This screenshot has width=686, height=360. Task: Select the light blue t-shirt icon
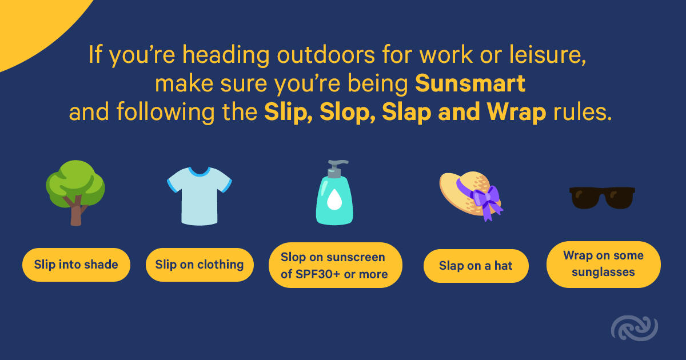[x=200, y=196]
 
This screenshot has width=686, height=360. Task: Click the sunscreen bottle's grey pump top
[x=336, y=169]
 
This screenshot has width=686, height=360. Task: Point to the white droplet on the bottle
[x=334, y=199]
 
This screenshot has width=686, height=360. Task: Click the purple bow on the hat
[x=485, y=201]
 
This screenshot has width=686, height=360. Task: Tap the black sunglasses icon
[x=602, y=198]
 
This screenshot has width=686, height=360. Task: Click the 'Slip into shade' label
[x=76, y=265]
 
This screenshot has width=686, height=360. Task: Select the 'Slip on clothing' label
[x=200, y=265]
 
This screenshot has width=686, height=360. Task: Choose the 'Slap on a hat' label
[x=476, y=266]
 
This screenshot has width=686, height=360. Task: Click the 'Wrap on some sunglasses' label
[x=604, y=264]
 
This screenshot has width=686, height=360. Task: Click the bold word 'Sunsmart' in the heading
[x=470, y=83]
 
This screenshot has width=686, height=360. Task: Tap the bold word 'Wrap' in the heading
[x=516, y=112]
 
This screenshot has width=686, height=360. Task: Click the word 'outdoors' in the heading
[x=326, y=55]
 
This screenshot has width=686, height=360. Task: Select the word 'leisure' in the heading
[x=547, y=55]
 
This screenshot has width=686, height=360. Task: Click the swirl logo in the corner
[x=635, y=328]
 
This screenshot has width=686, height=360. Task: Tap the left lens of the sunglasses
[x=585, y=198]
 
